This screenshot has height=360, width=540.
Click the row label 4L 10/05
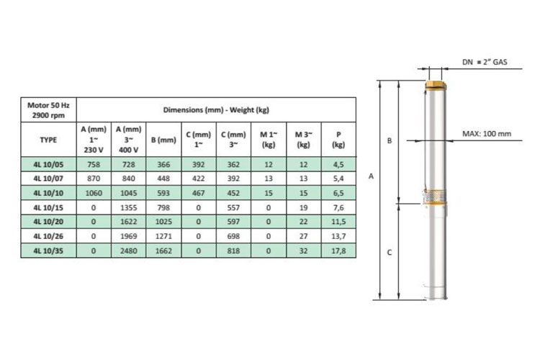click(48, 164)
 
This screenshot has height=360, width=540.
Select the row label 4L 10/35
click(48, 251)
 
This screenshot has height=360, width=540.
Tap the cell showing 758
click(94, 164)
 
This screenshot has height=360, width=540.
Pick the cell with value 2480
click(128, 251)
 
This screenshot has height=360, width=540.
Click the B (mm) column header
click(163, 140)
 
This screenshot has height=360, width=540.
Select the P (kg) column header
click(338, 140)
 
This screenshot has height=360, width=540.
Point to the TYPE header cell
click(48, 140)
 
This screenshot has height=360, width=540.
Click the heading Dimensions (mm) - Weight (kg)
click(216, 110)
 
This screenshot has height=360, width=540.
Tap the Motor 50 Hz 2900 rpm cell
click(48, 110)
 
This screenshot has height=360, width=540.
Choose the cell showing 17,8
click(338, 251)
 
